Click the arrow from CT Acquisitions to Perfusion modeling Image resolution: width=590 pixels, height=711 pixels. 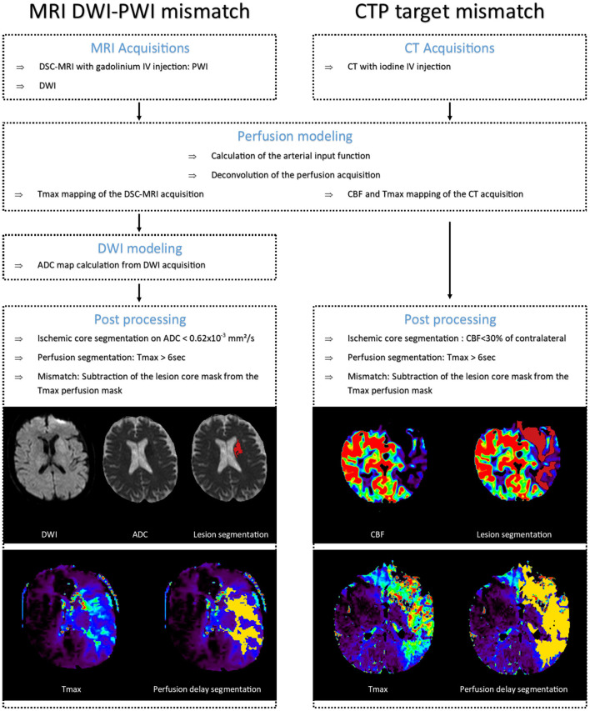pos(450,112)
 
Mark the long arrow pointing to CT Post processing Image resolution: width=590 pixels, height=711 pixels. pos(450,258)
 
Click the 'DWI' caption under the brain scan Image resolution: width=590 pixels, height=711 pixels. pos(52,533)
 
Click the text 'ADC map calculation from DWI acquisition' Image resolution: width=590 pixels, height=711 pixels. pos(127,266)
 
